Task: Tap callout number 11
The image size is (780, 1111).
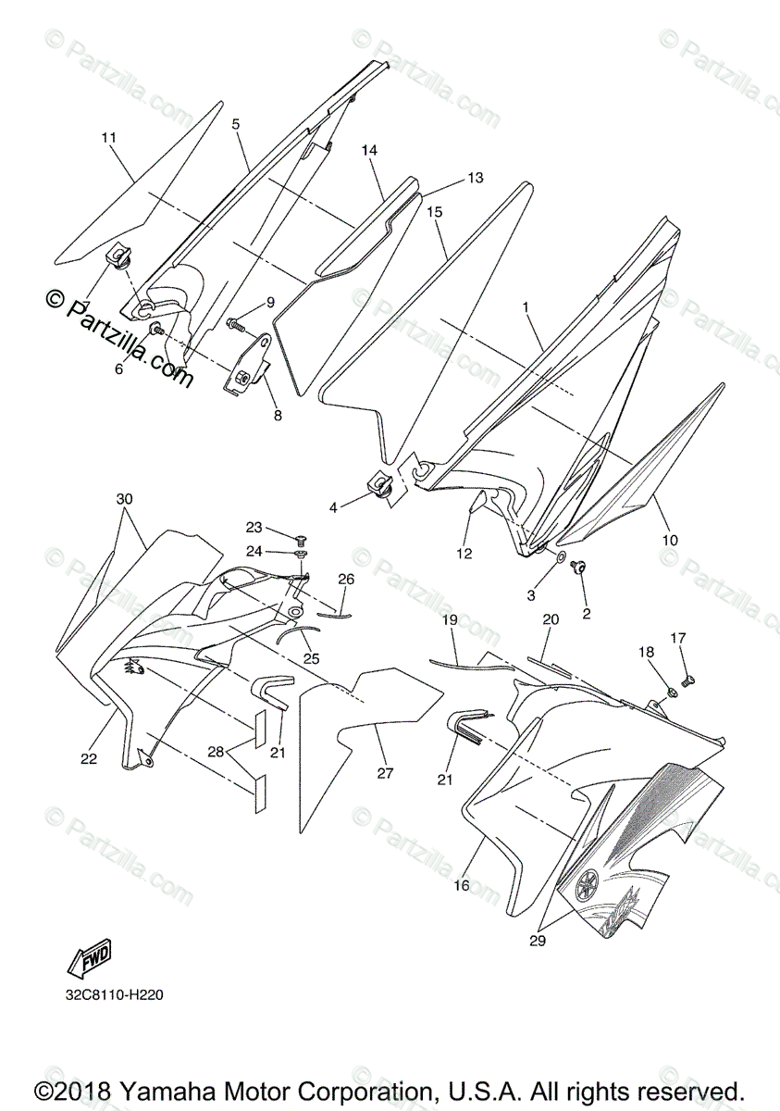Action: pos(109,138)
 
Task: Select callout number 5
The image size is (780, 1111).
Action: pos(236,123)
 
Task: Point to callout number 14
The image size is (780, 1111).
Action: pos(369,150)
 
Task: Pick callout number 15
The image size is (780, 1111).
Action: pos(434,212)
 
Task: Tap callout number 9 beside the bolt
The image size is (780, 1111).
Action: pos(270,302)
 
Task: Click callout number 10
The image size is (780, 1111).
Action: pos(670,540)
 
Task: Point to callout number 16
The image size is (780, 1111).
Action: pos(462,886)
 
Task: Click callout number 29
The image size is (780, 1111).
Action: pos(538,942)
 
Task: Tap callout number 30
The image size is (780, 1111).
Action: pos(124,498)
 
